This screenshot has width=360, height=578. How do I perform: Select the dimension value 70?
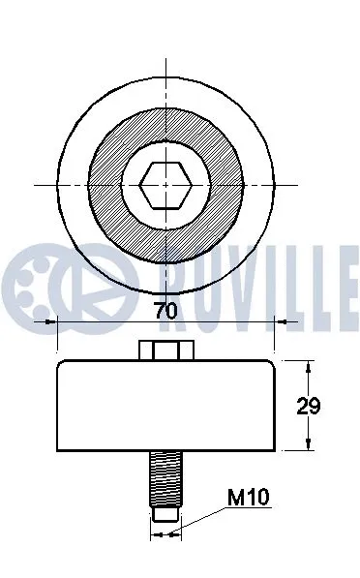coord(166,312)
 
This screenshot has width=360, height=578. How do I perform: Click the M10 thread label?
coord(247,499)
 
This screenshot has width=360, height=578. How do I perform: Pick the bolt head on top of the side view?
coord(165,351)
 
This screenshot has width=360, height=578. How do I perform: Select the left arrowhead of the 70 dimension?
coord(64,323)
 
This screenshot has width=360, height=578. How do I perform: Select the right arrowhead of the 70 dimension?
coord(268,323)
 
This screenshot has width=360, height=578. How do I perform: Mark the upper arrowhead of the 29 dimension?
coord(310,367)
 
